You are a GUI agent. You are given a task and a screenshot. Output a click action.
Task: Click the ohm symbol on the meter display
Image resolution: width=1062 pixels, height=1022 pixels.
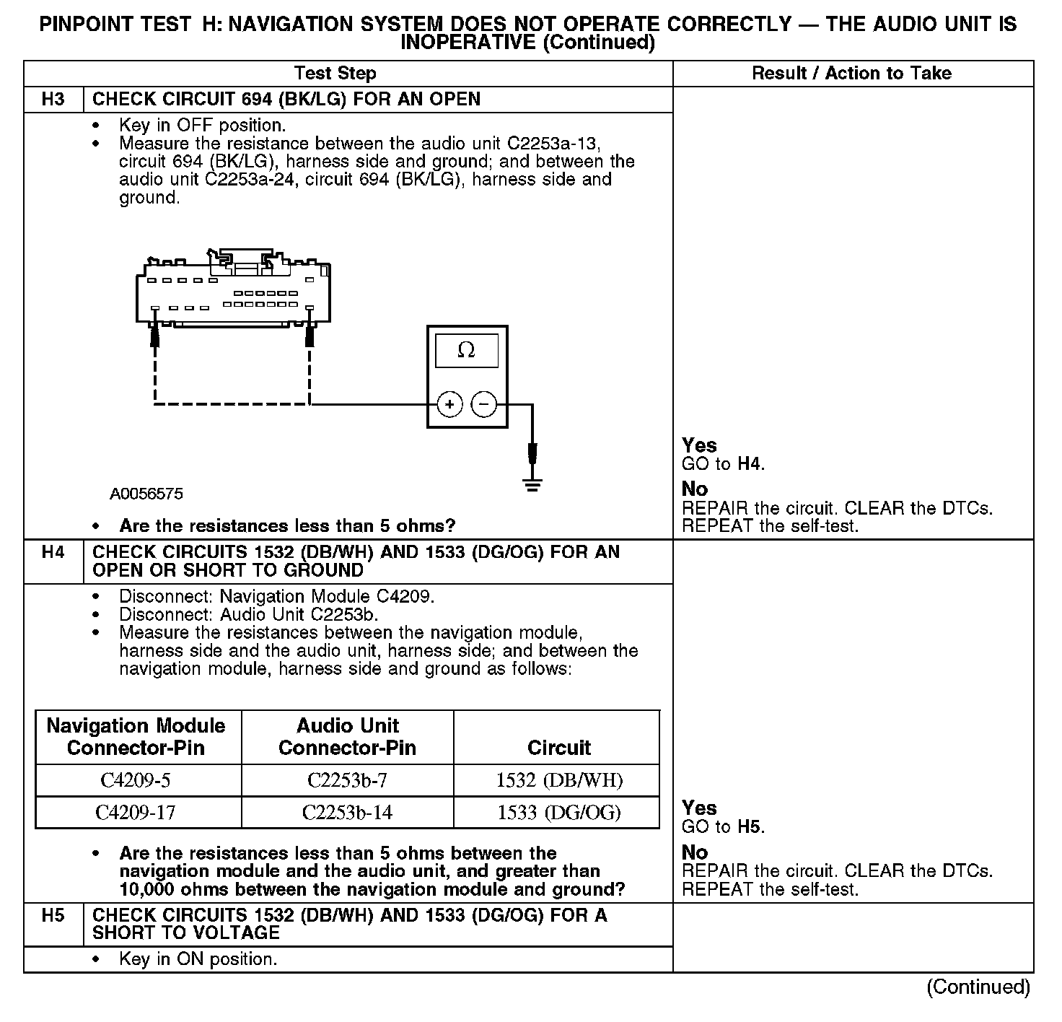(x=467, y=351)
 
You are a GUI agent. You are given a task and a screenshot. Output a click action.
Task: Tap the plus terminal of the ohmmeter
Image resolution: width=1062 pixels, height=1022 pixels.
(x=449, y=404)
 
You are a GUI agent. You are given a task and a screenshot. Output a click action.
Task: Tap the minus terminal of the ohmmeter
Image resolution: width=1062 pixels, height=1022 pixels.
(x=484, y=404)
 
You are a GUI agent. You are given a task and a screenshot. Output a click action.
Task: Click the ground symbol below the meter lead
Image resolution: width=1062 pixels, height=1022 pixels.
(x=532, y=485)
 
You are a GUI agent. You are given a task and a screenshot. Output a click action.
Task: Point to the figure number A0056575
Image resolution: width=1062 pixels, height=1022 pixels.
(x=146, y=494)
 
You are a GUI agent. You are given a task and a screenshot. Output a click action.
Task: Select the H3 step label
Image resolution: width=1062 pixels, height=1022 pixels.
(x=53, y=99)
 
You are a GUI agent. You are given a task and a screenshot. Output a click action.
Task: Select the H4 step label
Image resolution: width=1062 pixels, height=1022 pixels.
(x=53, y=552)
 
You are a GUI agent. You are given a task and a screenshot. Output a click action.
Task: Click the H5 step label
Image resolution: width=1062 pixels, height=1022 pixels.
(x=53, y=916)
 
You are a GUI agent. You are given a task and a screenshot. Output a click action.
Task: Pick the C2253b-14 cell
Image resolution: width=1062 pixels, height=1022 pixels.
(x=347, y=813)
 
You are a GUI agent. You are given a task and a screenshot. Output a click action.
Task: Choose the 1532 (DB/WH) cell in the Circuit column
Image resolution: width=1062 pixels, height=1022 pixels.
(x=559, y=780)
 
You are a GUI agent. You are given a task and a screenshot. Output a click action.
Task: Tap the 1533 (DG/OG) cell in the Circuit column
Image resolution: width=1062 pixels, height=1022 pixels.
(x=559, y=813)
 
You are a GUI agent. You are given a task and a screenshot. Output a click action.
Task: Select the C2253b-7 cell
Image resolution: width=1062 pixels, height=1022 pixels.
(x=347, y=780)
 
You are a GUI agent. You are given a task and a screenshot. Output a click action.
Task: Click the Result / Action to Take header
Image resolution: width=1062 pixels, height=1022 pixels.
(x=851, y=73)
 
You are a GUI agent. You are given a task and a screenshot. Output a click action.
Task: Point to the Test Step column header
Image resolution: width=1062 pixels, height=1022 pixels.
(x=335, y=73)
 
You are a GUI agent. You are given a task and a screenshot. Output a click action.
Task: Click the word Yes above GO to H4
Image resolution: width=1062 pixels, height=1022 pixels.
(x=699, y=445)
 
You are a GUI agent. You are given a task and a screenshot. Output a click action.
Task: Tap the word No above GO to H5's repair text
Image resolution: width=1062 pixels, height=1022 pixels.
(x=695, y=852)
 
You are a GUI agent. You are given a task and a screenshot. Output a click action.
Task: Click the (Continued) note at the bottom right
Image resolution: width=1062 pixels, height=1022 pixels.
(x=978, y=987)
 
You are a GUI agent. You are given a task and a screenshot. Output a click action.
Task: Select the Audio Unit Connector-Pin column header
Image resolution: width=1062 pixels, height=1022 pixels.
(x=347, y=736)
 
